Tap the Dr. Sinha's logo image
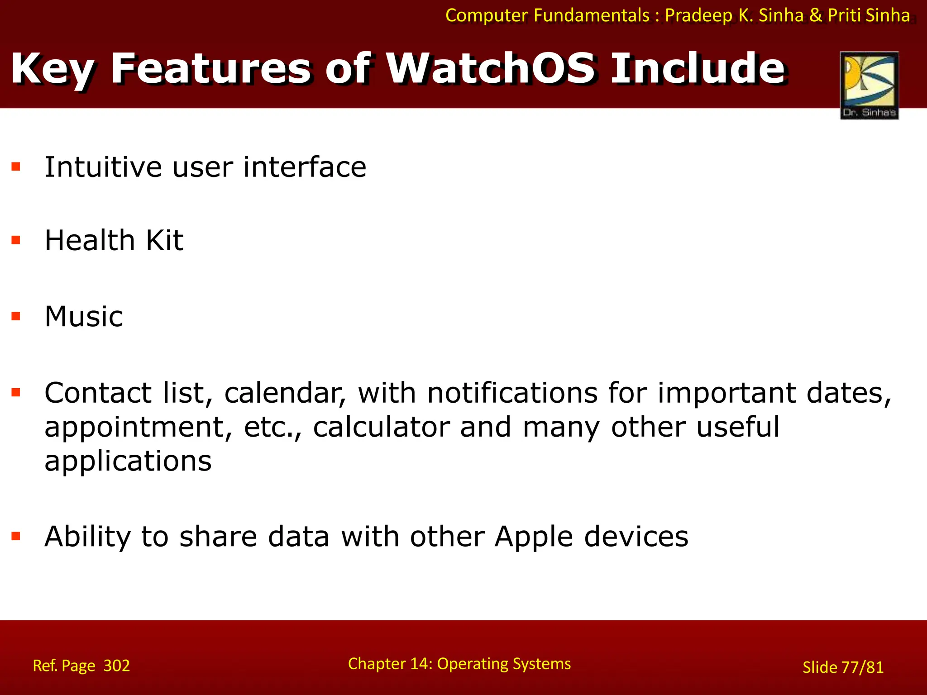(x=869, y=85)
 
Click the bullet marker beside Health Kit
(x=16, y=240)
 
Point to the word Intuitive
(x=103, y=167)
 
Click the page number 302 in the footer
(x=117, y=666)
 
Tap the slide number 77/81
(x=862, y=667)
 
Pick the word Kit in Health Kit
(x=164, y=240)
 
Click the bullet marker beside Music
(x=16, y=316)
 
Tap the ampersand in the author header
(x=815, y=15)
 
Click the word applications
(x=128, y=462)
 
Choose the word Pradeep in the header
(x=698, y=15)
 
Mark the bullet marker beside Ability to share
(x=16, y=536)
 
